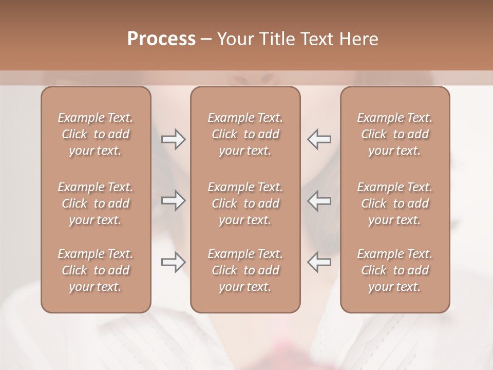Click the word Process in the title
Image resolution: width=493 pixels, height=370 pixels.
click(x=161, y=39)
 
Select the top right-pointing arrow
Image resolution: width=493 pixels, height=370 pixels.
click(x=173, y=139)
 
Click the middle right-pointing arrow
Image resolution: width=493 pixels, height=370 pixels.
click(x=173, y=200)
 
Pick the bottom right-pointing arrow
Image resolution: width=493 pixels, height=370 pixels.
click(x=173, y=262)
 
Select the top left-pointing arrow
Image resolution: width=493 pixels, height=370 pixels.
click(x=319, y=139)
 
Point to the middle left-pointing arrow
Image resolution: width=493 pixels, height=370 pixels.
click(x=319, y=200)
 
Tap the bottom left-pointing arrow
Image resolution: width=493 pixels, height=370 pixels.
click(x=319, y=262)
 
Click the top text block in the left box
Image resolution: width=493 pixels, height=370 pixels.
click(x=96, y=134)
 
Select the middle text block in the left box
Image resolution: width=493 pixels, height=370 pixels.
click(x=96, y=203)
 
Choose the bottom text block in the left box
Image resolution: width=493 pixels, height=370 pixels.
click(x=96, y=270)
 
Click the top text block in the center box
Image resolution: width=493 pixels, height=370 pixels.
click(x=245, y=134)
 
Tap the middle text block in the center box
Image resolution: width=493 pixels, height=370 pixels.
click(x=245, y=203)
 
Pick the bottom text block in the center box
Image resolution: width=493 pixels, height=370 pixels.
click(x=245, y=270)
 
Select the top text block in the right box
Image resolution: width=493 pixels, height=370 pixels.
click(x=395, y=134)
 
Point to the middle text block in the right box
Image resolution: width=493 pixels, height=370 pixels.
click(x=395, y=203)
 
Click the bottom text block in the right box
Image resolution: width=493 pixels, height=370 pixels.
click(x=395, y=270)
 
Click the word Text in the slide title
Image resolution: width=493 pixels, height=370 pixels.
click(x=315, y=39)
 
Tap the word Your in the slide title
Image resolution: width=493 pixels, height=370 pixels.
click(x=234, y=39)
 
